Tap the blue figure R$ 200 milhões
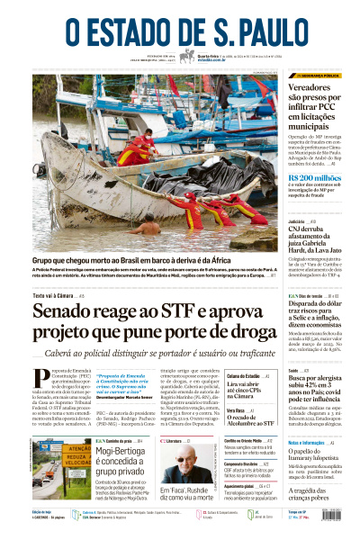(x=315, y=178)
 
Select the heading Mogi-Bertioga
(x=122, y=455)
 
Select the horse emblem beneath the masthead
(x=187, y=56)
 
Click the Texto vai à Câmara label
(x=51, y=295)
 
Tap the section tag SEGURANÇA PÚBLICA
(x=319, y=76)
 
